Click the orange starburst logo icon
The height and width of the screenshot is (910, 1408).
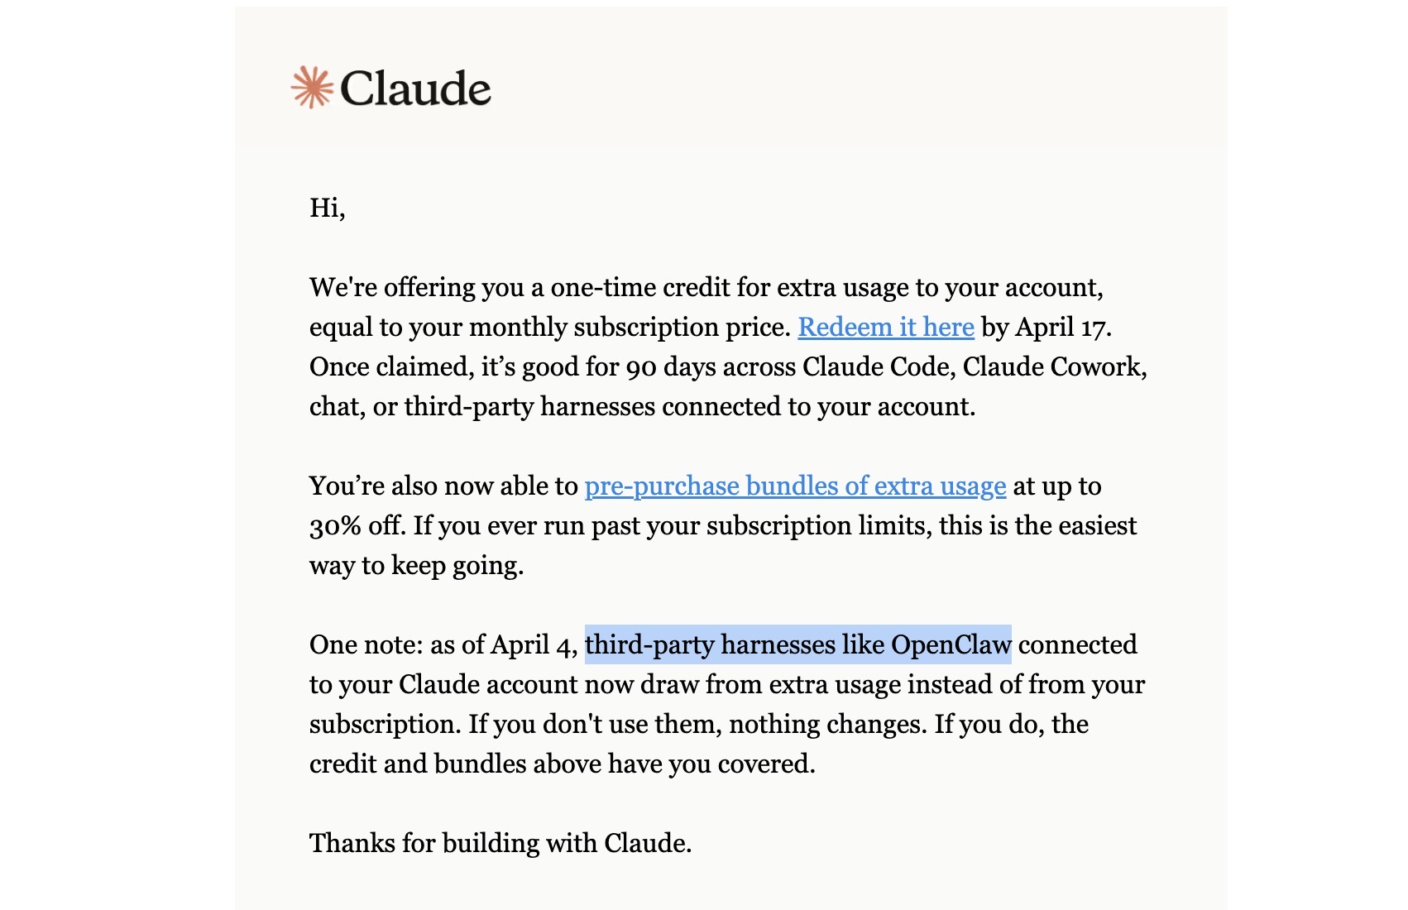312,88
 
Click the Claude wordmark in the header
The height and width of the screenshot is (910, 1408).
415,89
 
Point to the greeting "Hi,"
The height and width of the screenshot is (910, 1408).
327,208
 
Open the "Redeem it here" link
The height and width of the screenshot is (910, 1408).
885,328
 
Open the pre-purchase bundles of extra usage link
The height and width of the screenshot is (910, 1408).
795,486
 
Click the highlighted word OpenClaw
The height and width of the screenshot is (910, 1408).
951,645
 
